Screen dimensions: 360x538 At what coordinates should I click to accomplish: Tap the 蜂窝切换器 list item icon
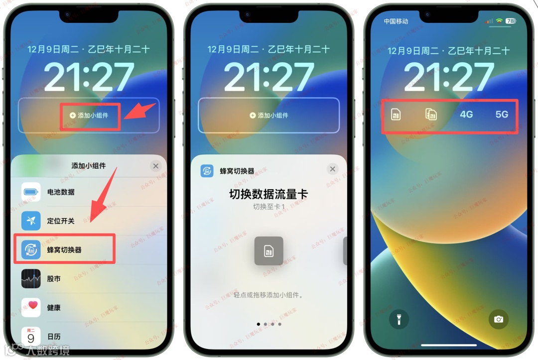(x=31, y=249)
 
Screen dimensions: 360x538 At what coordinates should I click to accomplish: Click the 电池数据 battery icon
(x=31, y=192)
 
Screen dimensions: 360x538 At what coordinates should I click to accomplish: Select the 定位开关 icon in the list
(x=31, y=221)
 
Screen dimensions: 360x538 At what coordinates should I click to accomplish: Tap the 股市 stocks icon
(x=31, y=279)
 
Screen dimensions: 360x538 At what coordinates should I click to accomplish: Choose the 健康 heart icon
(x=31, y=307)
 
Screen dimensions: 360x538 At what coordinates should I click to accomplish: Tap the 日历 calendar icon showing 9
(x=31, y=336)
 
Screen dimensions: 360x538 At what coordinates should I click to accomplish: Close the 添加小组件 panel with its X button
(x=155, y=166)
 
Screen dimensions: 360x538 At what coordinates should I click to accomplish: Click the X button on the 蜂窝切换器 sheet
(x=333, y=169)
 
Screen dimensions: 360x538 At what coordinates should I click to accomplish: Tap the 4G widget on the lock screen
(x=466, y=115)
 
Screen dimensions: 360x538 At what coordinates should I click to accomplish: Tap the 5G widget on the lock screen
(x=502, y=115)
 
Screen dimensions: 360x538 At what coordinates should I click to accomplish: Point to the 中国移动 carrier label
(x=396, y=21)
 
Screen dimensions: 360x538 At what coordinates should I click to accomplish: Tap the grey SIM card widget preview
(x=269, y=250)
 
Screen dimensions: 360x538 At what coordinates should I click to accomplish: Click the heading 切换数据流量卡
(x=269, y=194)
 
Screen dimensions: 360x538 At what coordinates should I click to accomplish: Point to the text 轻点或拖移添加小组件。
(x=269, y=295)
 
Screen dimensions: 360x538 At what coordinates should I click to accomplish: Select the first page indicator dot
(x=258, y=324)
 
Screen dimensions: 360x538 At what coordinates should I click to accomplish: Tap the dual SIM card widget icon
(x=431, y=115)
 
